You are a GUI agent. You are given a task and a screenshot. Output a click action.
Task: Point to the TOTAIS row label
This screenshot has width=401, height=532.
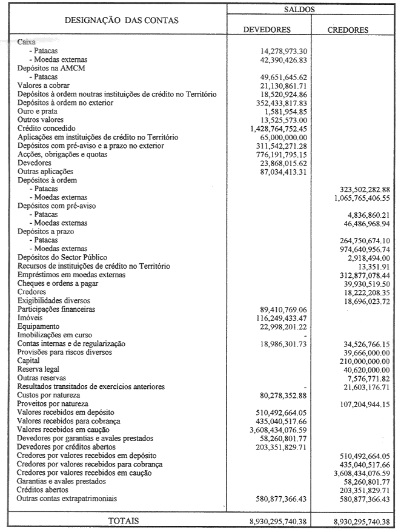[123, 520]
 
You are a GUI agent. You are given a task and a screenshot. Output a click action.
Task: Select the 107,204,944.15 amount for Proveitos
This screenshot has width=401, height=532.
[360, 404]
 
